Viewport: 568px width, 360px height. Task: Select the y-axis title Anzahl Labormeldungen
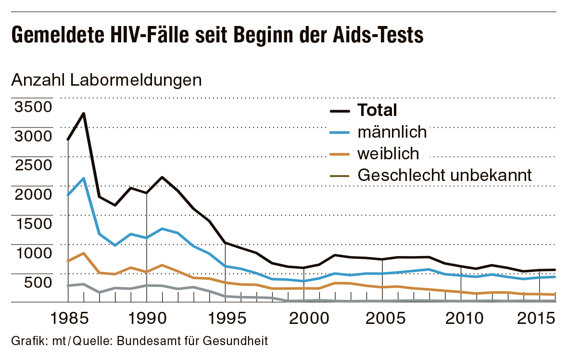[106, 80]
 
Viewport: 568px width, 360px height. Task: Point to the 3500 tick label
[33, 106]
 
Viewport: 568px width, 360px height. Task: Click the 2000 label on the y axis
[33, 194]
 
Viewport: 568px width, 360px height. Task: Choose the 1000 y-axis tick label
[33, 253]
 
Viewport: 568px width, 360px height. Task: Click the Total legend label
[377, 110]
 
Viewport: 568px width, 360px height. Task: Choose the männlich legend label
[392, 132]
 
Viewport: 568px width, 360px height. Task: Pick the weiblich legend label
[388, 154]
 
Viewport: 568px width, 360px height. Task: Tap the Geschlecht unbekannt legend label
[445, 175]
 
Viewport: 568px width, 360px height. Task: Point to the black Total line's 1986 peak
[84, 114]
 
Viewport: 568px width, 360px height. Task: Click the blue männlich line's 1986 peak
[84, 179]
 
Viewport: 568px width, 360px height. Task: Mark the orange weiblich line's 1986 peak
[84, 253]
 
